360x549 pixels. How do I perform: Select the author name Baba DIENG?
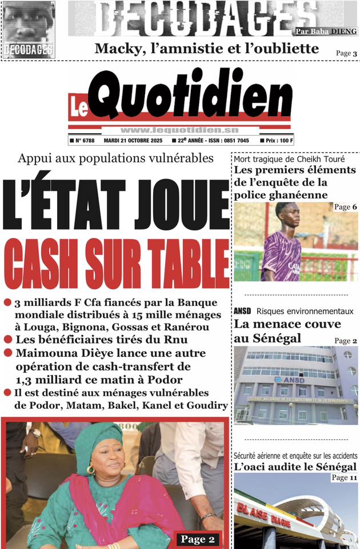(x=340, y=31)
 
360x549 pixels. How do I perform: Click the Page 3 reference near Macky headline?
(x=346, y=54)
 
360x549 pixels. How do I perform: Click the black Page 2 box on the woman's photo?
(x=197, y=539)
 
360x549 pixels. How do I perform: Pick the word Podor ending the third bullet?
(x=167, y=380)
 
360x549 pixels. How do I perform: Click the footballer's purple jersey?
(x=281, y=254)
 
